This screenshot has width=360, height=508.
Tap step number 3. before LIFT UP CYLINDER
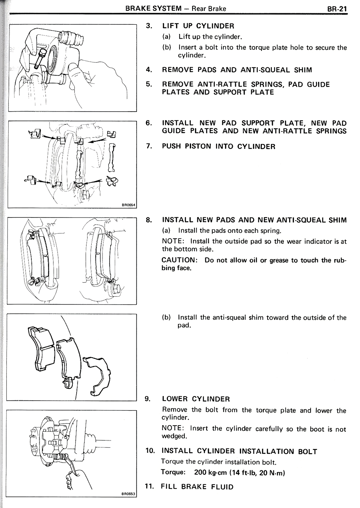pyautogui.click(x=149, y=26)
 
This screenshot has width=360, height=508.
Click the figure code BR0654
pyautogui.click(x=129, y=205)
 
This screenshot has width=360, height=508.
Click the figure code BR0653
pyautogui.click(x=128, y=493)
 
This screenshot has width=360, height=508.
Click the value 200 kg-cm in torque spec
pyautogui.click(x=210, y=473)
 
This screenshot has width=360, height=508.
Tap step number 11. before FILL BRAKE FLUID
pyautogui.click(x=149, y=487)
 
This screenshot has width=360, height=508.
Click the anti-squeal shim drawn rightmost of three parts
pyautogui.click(x=97, y=374)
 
